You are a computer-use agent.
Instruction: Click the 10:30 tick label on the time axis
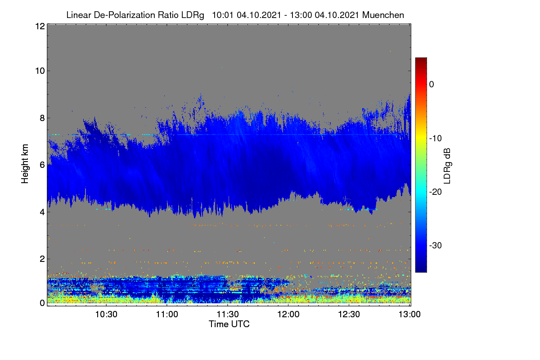[106, 315]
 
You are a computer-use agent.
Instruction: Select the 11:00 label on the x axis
[167, 315]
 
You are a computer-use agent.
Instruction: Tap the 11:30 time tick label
[228, 315]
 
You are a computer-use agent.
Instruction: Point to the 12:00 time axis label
[288, 315]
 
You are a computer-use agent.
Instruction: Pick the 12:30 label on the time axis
[349, 315]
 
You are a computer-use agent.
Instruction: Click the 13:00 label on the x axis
[409, 315]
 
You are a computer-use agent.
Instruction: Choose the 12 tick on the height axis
[40, 26]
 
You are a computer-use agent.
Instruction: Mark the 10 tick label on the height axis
[40, 71]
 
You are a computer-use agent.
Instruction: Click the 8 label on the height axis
[42, 118]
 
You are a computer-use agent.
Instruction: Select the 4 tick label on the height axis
[42, 212]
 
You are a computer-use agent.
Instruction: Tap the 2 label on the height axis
[42, 259]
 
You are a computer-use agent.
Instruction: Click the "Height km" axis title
[25, 164]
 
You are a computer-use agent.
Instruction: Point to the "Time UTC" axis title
[229, 324]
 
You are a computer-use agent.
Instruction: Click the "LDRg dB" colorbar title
[447, 166]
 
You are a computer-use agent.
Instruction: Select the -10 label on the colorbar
[436, 139]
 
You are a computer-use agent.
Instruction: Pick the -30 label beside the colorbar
[436, 245]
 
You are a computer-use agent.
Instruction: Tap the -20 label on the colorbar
[436, 192]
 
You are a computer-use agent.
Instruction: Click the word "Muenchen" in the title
[383, 15]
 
